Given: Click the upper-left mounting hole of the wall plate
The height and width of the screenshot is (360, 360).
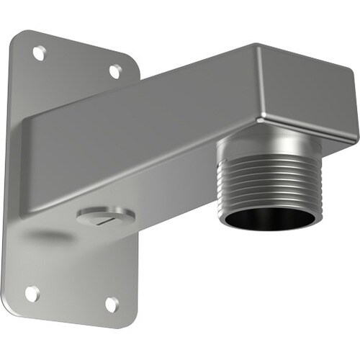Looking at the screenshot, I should coord(40,53).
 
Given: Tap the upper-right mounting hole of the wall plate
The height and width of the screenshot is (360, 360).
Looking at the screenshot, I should coord(114,71).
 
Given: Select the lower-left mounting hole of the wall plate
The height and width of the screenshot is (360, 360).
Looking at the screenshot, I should coord(32,293).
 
